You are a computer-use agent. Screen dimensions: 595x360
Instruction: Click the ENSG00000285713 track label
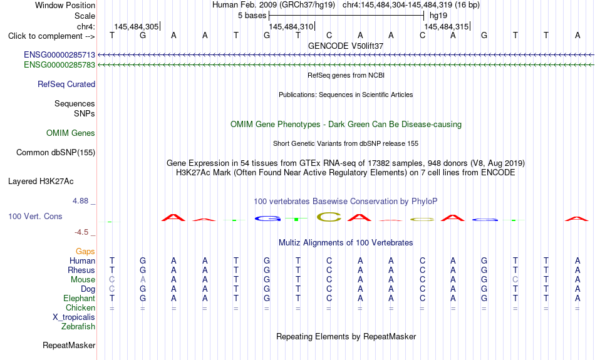click(59, 55)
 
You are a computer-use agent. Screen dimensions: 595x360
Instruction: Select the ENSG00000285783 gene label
click(59, 65)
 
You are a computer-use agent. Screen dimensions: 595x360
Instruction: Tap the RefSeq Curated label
click(66, 85)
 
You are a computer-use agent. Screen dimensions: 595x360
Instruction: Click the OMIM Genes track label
click(71, 133)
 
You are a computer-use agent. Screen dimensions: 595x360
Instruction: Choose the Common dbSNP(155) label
click(56, 153)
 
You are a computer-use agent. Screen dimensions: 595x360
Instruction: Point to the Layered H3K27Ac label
click(41, 182)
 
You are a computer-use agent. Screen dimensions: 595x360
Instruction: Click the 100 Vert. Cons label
click(35, 216)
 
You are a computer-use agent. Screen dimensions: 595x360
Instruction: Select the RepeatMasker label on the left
click(69, 346)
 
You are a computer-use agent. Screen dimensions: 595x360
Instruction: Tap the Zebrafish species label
click(78, 327)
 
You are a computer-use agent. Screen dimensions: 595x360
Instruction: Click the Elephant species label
click(80, 299)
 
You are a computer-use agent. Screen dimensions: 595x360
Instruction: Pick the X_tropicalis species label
click(74, 317)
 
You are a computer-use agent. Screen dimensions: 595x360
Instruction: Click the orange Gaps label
click(85, 252)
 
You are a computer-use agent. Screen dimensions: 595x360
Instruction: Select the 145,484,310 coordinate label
click(291, 26)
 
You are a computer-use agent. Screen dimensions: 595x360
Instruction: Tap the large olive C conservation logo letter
click(329, 217)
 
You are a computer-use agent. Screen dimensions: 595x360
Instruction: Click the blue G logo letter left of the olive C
click(267, 219)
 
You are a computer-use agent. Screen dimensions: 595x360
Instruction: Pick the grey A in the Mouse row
click(143, 280)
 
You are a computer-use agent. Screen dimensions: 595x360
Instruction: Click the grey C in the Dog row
click(112, 289)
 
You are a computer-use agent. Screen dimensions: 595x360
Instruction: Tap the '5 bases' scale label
click(252, 16)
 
